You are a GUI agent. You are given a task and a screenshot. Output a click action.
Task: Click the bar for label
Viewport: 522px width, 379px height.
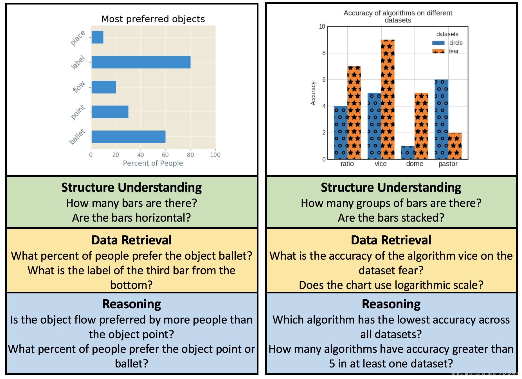[x=141, y=62]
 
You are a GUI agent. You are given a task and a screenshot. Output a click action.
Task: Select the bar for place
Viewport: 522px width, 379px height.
[x=97, y=37]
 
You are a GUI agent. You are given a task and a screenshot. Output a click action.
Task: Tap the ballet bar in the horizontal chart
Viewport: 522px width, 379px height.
[x=128, y=137]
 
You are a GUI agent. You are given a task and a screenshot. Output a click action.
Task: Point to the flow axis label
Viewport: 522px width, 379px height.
[x=78, y=87]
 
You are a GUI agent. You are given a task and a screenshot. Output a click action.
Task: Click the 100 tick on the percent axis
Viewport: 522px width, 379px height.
[x=215, y=155]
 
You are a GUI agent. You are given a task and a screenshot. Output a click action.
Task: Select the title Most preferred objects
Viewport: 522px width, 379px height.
[x=153, y=19]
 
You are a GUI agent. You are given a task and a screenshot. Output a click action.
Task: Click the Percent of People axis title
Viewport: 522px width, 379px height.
[x=153, y=163]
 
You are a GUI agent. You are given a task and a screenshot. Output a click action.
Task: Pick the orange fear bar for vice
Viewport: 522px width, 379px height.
[x=388, y=99]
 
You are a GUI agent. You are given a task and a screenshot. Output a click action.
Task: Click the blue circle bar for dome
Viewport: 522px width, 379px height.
[x=408, y=152]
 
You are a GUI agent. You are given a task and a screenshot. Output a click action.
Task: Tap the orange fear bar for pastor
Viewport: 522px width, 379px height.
[x=454, y=146]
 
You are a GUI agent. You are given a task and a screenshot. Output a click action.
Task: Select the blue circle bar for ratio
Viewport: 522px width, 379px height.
[x=341, y=132]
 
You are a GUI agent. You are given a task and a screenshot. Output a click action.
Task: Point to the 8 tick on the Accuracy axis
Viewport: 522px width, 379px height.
[x=324, y=53]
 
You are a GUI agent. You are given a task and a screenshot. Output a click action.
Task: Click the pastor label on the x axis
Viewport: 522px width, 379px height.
[x=448, y=164]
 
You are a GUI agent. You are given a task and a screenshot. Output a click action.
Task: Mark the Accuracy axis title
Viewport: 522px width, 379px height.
[x=313, y=93]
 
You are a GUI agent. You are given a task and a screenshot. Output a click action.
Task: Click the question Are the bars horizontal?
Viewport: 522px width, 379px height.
[x=131, y=218]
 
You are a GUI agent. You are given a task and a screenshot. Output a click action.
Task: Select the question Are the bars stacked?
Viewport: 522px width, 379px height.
[x=391, y=218]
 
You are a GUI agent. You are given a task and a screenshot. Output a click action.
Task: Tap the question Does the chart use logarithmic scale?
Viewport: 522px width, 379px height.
[x=391, y=285]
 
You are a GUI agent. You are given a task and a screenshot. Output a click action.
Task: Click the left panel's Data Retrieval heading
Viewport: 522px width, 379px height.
[x=131, y=240]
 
